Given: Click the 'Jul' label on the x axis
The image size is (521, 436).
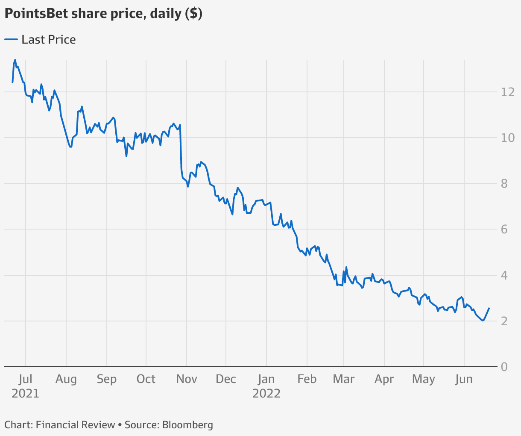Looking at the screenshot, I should pyautogui.click(x=26, y=379).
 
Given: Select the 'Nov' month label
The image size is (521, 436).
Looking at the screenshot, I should pyautogui.click(x=187, y=379).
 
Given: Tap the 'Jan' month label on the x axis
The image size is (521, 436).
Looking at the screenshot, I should pyautogui.click(x=266, y=379).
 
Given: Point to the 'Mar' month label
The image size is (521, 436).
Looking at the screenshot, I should pyautogui.click(x=344, y=379).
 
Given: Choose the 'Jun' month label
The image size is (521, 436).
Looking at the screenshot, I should pyautogui.click(x=464, y=379).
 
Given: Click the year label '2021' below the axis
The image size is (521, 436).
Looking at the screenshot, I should pyautogui.click(x=26, y=393).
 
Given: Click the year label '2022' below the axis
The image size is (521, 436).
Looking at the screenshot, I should pyautogui.click(x=266, y=393).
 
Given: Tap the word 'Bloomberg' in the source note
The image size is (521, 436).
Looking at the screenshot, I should pyautogui.click(x=187, y=425).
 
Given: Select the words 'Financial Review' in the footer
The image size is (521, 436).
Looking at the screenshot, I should pyautogui.click(x=76, y=425).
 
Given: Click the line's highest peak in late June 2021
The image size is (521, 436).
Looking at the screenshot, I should pyautogui.click(x=15, y=60).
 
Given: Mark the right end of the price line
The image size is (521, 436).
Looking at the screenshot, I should pyautogui.click(x=489, y=308).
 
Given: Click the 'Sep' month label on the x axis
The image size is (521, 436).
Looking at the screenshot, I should pyautogui.click(x=106, y=379).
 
